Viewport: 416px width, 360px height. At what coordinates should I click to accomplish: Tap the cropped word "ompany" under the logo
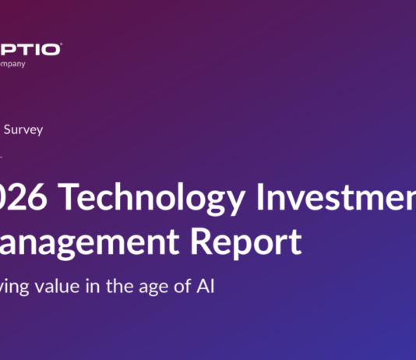point(12,63)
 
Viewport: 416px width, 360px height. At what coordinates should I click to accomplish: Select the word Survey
point(23,130)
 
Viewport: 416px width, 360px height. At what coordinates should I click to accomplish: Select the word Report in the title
point(250,242)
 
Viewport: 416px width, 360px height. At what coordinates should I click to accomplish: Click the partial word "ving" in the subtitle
point(15,287)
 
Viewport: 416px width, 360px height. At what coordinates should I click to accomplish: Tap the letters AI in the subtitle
point(203,286)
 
